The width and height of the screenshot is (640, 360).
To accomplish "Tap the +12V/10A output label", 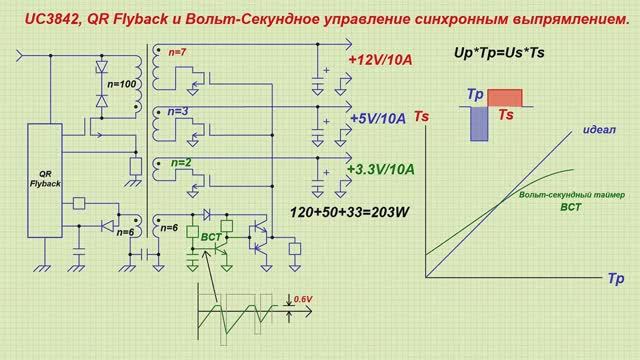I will (x=379, y=61).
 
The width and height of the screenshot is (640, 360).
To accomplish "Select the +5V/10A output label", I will (x=379, y=119).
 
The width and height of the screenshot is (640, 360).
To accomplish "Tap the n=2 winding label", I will (x=180, y=161).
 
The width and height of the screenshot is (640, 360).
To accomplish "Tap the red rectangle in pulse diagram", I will (x=506, y=97).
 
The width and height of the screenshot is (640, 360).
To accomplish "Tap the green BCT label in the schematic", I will (x=211, y=237).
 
